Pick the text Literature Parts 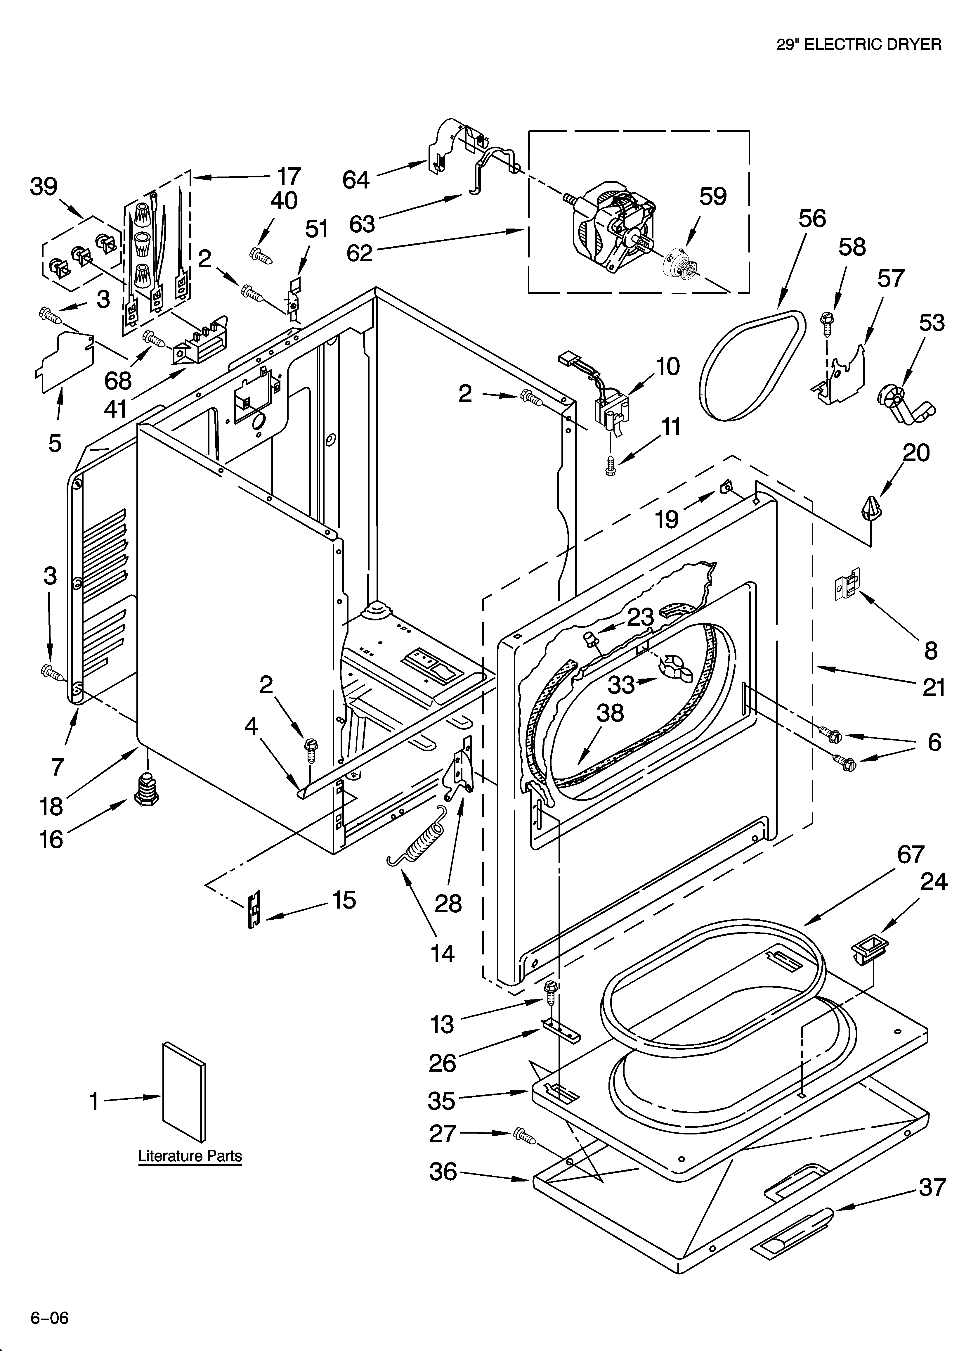(x=190, y=1156)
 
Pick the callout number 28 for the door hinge (x=448, y=904)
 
